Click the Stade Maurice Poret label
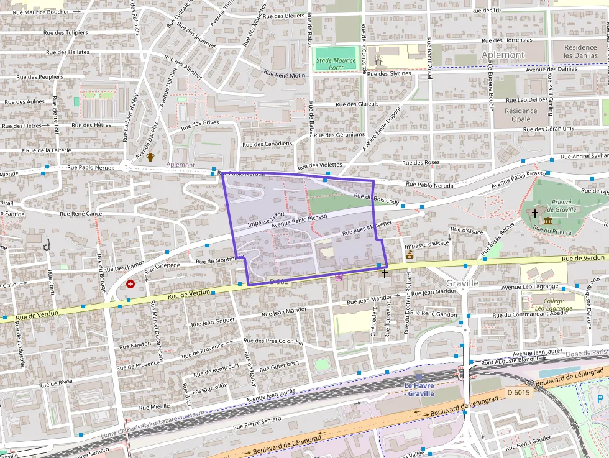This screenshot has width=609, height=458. click(x=336, y=64)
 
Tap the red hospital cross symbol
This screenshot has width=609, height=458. click(x=130, y=284)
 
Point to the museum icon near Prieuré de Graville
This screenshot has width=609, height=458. click(x=548, y=221)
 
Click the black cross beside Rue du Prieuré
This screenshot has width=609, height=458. click(x=534, y=213)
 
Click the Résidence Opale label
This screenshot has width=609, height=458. click(x=521, y=115)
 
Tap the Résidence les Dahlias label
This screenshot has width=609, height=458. click(x=580, y=52)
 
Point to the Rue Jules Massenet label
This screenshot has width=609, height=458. click(x=367, y=227)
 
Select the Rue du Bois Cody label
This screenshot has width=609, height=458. click(x=376, y=199)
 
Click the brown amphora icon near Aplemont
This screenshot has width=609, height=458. click(x=150, y=157)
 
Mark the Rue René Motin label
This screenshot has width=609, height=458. click(x=285, y=75)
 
